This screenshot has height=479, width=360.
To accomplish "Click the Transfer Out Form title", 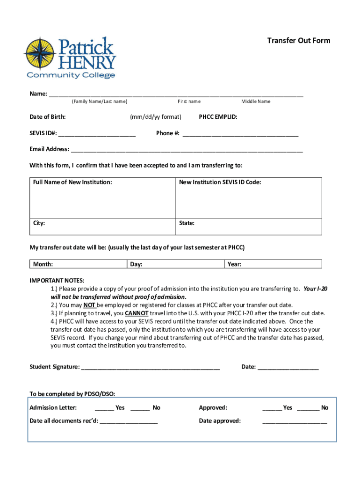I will click(x=298, y=41).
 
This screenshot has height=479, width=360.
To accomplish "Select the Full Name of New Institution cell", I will click(x=102, y=196).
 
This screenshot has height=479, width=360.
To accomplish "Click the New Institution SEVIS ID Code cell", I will click(x=248, y=196).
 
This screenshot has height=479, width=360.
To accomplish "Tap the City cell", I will click(x=102, y=226).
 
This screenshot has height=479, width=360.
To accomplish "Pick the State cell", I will click(x=248, y=226).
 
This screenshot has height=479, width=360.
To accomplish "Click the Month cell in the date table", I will click(x=78, y=264).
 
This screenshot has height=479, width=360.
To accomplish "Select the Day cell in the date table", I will click(x=175, y=264).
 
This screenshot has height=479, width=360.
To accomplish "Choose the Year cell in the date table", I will click(x=273, y=264).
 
